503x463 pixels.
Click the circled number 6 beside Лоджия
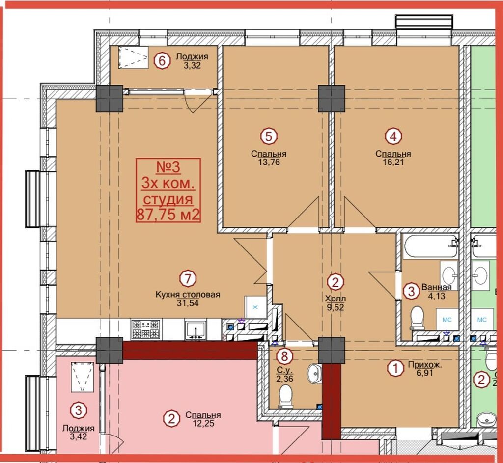[x=162, y=60]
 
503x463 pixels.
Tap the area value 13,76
[x=269, y=162]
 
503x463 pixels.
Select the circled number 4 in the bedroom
[x=393, y=136]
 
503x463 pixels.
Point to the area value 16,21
[x=393, y=162]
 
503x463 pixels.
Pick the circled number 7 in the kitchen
[x=188, y=278]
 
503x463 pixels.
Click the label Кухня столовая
[x=188, y=294]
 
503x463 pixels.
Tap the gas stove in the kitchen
[x=145, y=329]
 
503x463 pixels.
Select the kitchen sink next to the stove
[x=195, y=329]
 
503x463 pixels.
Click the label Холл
[x=335, y=299]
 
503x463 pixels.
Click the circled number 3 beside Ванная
[x=412, y=291]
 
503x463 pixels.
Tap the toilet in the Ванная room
[x=418, y=318]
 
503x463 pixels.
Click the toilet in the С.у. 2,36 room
[x=285, y=396]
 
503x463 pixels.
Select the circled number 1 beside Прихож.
[x=395, y=368]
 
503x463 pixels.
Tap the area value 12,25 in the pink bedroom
[x=203, y=424]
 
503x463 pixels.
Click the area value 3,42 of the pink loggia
[x=79, y=436]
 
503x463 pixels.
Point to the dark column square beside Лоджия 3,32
[x=110, y=99]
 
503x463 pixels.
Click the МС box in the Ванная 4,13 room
[x=447, y=320]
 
